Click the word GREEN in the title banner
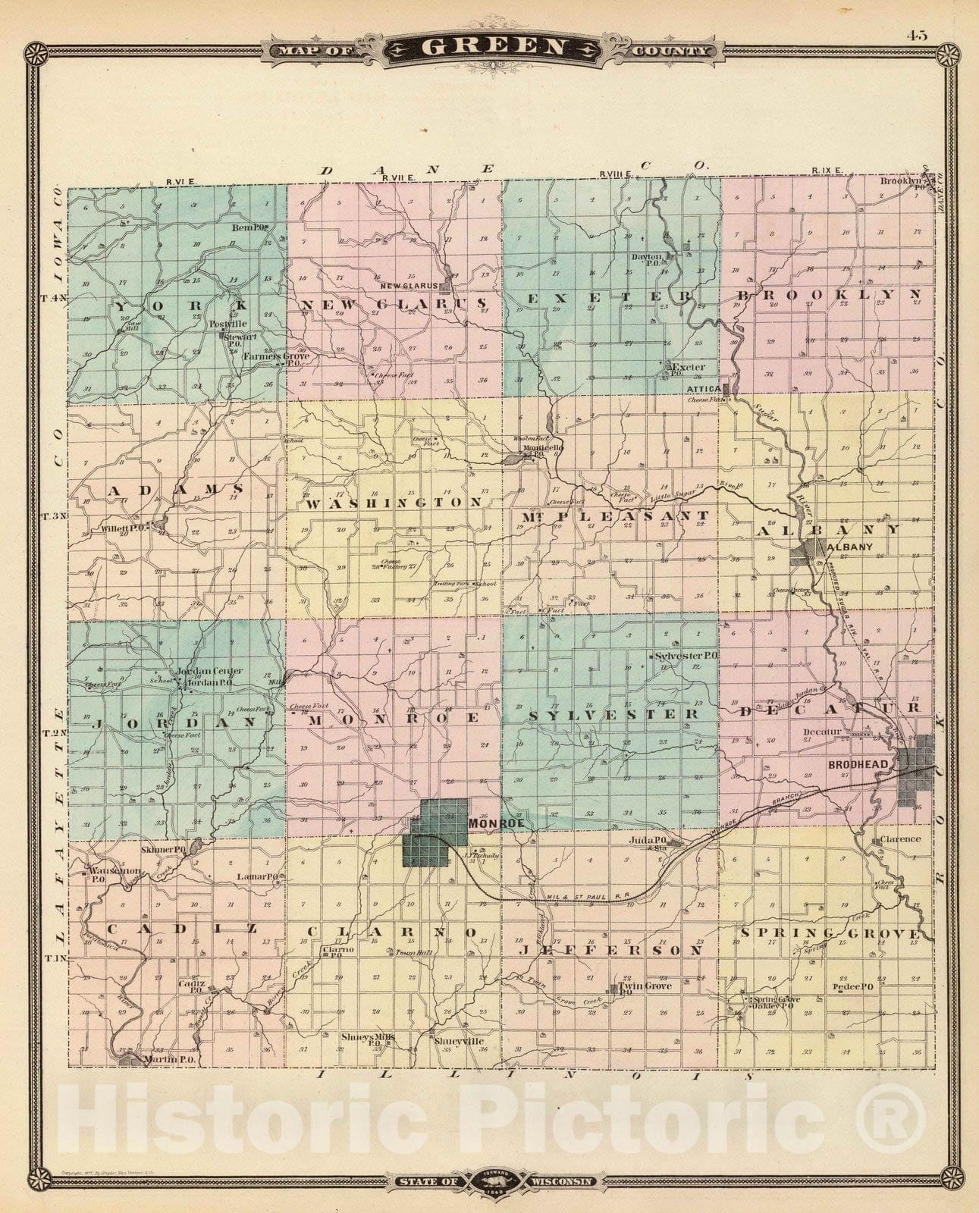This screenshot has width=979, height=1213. pyautogui.click(x=492, y=47)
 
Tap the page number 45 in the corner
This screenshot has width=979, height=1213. pyautogui.click(x=915, y=35)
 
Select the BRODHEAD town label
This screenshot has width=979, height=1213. pyautogui.click(x=857, y=766)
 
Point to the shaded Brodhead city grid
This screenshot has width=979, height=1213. pyautogui.click(x=916, y=769)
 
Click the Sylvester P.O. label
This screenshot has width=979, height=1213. pyautogui.click(x=686, y=655)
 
